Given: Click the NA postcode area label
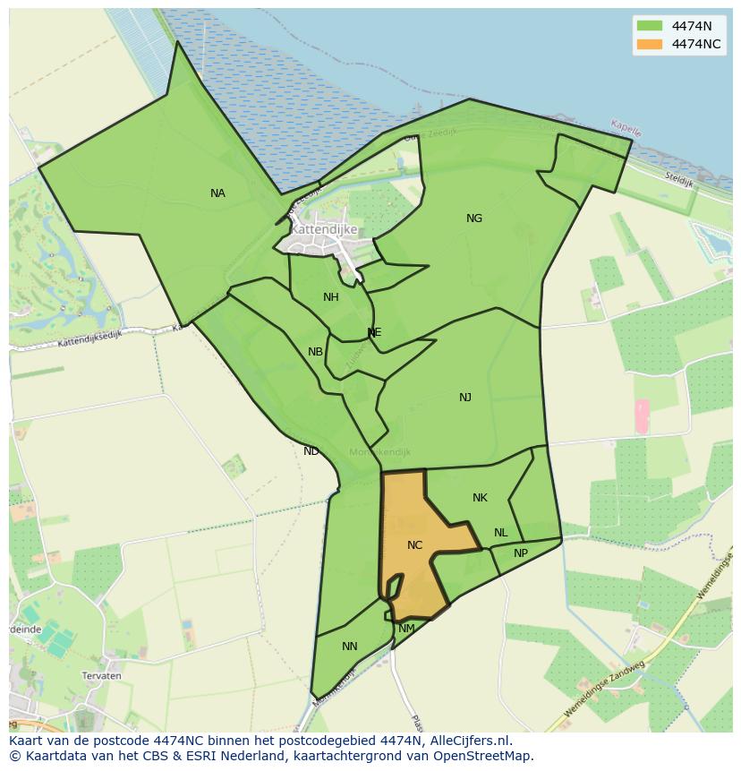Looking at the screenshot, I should click(217, 193).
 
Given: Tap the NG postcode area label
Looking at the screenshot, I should click(474, 218).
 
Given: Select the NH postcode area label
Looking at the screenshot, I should click(331, 297).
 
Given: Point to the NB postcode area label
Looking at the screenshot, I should click(315, 352).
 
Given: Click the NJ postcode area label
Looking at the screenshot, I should click(465, 398).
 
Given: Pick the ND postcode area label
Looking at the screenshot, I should click(311, 451).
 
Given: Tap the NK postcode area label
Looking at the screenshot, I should click(480, 498).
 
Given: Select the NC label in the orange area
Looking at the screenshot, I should click(414, 545).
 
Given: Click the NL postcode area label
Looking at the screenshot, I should click(500, 533).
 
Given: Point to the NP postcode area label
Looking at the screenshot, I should click(521, 553).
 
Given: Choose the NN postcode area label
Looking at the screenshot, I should click(350, 647).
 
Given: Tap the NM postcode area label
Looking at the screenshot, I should click(406, 629).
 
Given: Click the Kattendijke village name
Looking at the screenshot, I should click(324, 229).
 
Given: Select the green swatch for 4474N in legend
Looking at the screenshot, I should click(650, 26).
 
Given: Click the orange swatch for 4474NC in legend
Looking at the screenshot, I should click(650, 44).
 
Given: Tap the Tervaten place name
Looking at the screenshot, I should click(101, 676).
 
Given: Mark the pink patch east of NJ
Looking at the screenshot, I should click(642, 416).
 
